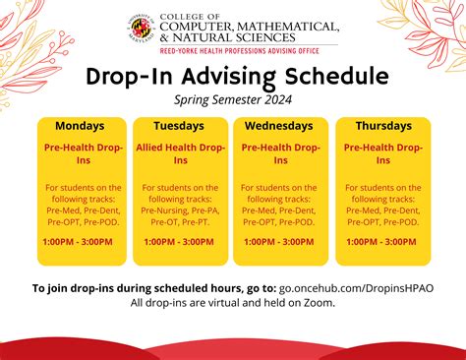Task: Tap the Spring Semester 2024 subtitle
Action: coord(233,99)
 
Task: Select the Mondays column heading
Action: coord(81,126)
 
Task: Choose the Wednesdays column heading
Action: coord(281,126)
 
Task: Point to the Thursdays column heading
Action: coord(382,126)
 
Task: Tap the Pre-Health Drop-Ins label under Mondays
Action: coord(84,153)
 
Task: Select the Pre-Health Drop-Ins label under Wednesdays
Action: coord(281,153)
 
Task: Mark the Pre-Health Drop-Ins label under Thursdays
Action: coord(382,153)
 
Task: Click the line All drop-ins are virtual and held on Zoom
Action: coord(233,302)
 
